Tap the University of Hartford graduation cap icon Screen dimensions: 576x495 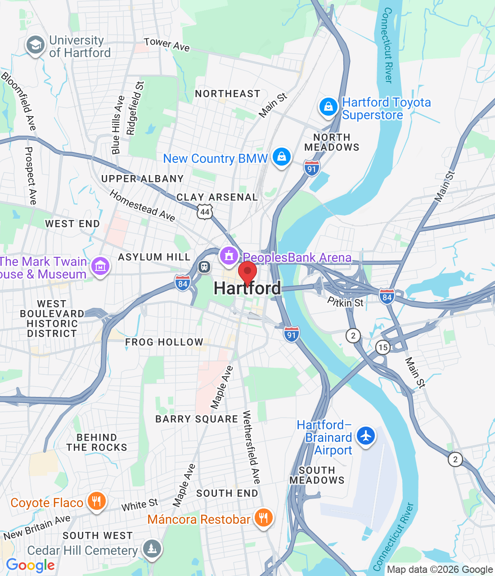point(35,45)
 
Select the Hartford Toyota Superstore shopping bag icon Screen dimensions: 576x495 point(328,107)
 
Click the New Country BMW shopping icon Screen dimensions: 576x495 point(282,157)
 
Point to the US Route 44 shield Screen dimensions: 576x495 point(205,211)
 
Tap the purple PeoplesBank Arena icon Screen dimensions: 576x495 point(229,256)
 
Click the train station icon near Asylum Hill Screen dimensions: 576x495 point(204,267)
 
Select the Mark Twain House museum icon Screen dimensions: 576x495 point(100,266)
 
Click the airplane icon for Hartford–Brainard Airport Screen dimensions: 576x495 point(366,436)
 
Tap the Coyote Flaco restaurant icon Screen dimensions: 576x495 point(96,501)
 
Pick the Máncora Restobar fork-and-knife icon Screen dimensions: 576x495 point(263,518)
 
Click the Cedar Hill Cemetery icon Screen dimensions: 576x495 point(152,549)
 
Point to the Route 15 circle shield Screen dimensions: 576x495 point(383,347)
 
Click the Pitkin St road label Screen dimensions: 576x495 point(345,302)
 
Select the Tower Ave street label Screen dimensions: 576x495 point(166,44)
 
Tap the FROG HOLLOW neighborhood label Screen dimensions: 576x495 point(164,342)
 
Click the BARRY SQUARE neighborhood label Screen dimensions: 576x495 point(197,419)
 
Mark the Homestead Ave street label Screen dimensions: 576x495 point(142,206)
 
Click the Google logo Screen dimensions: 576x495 point(31,565)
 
